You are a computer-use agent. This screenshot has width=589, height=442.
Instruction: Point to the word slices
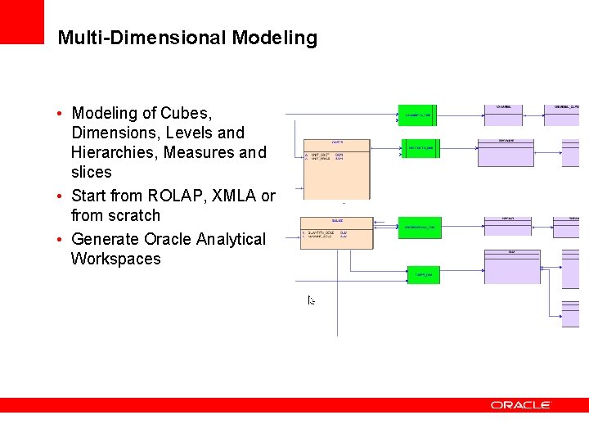[92, 172]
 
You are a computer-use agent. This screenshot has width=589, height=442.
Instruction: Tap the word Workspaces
[116, 259]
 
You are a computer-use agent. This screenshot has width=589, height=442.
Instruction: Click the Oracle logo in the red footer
[521, 404]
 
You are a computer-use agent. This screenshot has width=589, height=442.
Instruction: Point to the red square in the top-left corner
[21, 21]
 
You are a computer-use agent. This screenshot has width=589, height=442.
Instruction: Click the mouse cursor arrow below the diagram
[311, 300]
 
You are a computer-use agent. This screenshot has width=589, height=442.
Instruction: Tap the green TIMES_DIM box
[424, 274]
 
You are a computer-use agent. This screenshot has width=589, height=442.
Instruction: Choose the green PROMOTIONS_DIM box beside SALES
[420, 227]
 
